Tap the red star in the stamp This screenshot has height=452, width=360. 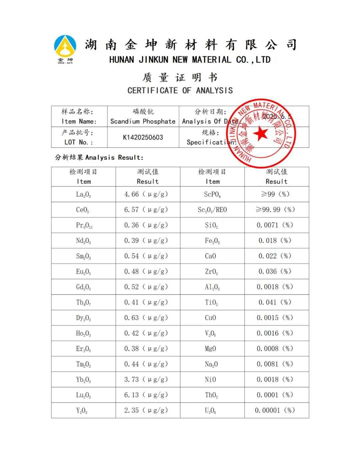[260, 134]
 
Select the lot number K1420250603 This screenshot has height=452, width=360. [143, 137]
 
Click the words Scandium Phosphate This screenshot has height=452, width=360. [143, 121]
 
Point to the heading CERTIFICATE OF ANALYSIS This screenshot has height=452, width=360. [180, 90]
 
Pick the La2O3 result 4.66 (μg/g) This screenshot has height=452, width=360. [146, 194]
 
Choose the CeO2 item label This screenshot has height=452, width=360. [83, 210]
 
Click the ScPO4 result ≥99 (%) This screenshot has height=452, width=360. [276, 194]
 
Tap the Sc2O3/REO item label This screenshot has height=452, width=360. [212, 210]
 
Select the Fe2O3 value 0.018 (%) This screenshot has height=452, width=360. [275, 241]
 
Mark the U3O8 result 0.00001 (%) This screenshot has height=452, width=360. [275, 410]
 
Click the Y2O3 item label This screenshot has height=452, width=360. [82, 411]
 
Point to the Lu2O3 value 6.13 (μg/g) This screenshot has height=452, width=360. [146, 395]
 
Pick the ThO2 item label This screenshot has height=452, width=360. [211, 395]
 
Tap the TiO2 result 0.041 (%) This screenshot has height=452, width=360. [275, 302]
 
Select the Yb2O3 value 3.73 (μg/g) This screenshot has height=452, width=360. [146, 380]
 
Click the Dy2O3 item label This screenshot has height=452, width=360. [83, 318]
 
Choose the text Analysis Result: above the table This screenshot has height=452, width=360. [114, 157]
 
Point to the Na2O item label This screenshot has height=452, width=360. [211, 364]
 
